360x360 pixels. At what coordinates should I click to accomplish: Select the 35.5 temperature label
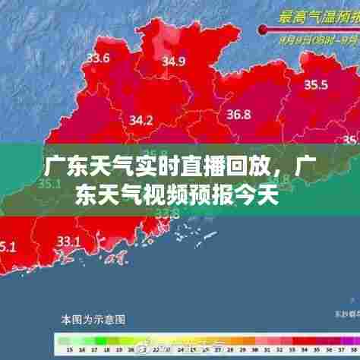[x=315, y=84]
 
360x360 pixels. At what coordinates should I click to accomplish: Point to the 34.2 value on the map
[x=141, y=119]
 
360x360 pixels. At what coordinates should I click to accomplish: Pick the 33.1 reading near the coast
[x=68, y=241]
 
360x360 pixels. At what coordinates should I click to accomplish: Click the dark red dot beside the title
[x=263, y=30]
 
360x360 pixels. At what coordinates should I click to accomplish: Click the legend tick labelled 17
[x=94, y=349]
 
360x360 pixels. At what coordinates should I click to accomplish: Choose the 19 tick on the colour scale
[x=119, y=349]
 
